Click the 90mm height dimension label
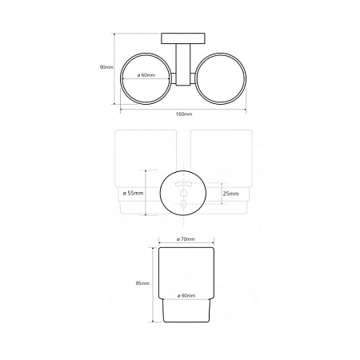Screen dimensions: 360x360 (106, 67)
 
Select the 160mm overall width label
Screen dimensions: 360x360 (184, 114)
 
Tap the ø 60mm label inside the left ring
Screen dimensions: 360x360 (146, 75)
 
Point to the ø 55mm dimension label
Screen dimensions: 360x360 (133, 193)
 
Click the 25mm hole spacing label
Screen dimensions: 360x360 (230, 194)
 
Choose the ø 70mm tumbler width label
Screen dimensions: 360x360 (186, 239)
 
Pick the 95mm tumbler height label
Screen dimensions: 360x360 (142, 283)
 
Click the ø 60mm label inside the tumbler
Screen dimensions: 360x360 (186, 295)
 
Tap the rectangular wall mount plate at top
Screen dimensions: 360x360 (183, 38)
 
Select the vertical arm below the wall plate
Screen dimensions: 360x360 (183, 65)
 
